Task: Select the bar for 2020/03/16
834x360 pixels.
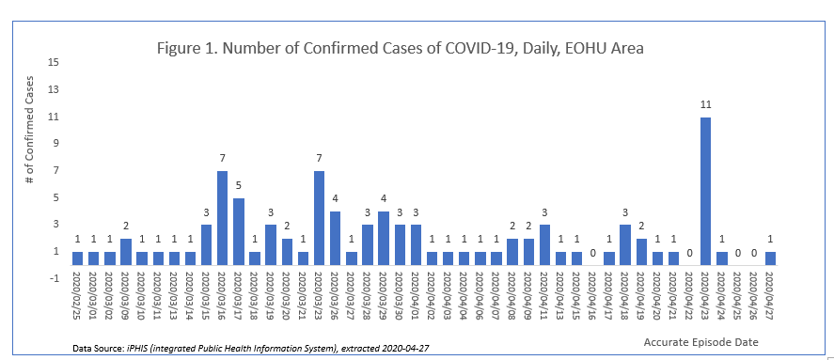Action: pyautogui.click(x=222, y=217)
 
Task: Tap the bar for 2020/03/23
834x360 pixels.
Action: pyautogui.click(x=319, y=217)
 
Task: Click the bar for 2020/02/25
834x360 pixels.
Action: pyautogui.click(x=77, y=258)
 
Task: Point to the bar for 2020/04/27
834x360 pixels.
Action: pyautogui.click(x=769, y=258)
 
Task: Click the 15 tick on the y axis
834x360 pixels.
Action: pyautogui.click(x=54, y=63)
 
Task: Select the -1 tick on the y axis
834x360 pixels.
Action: pyautogui.click(x=53, y=278)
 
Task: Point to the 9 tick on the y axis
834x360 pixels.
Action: pyautogui.click(x=55, y=144)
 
